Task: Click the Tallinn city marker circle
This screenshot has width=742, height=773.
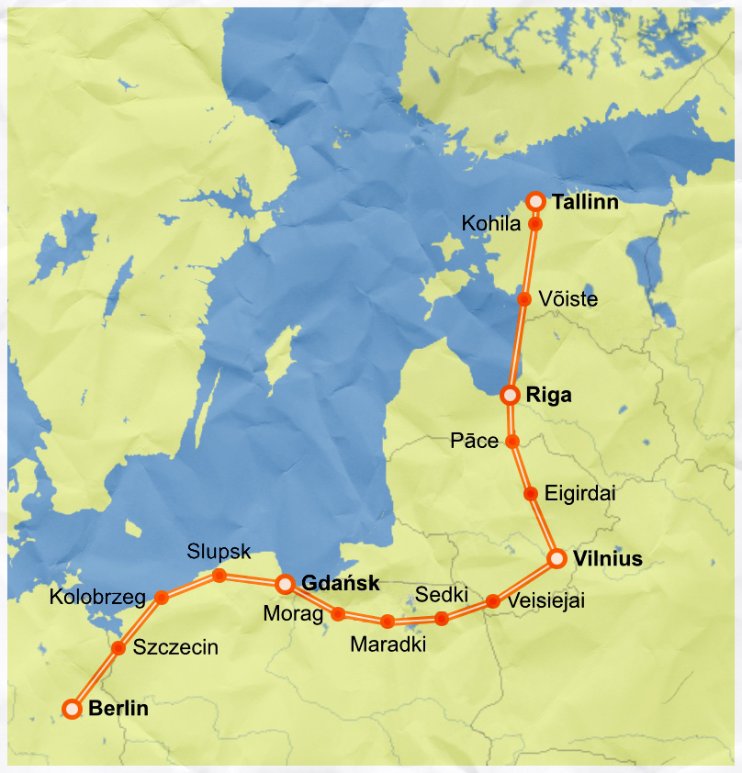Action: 536,200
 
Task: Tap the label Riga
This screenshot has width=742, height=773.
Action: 549,396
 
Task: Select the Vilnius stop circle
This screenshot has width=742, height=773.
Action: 556,558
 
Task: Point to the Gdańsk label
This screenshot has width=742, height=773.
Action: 340,583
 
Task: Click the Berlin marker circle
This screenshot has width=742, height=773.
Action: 73,709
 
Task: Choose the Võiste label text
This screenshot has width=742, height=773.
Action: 568,299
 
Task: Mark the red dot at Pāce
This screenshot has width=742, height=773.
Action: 512,442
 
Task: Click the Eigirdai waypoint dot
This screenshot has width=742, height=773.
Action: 530,494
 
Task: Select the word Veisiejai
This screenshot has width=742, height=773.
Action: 545,601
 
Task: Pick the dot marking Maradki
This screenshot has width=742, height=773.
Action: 388,622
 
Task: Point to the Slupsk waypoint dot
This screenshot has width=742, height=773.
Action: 219,576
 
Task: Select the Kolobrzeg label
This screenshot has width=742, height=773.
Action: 97,598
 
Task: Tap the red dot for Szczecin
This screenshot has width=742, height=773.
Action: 118,648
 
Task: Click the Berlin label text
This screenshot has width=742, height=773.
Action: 118,709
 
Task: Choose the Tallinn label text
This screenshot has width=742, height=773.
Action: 585,201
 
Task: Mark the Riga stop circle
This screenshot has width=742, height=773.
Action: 511,396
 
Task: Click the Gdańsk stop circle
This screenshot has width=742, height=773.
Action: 285,584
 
